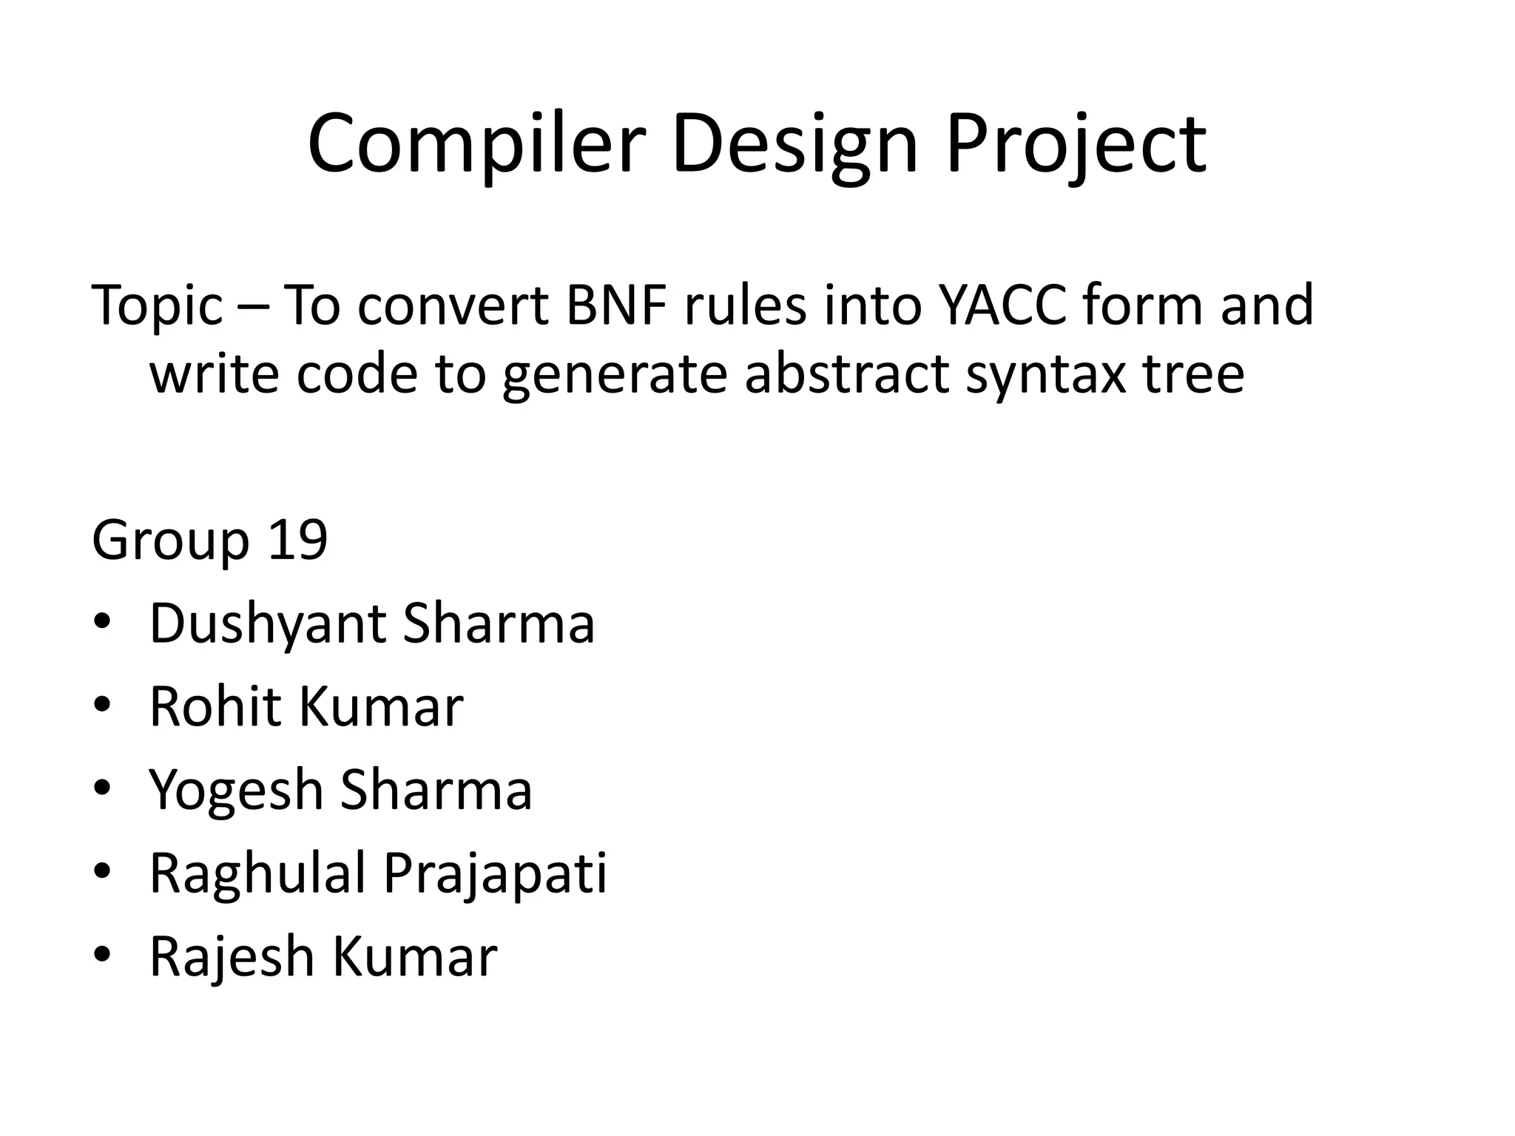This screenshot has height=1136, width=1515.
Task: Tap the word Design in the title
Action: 794,144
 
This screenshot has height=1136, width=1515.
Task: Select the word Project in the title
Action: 1076,144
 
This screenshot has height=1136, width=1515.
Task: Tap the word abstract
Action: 846,374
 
